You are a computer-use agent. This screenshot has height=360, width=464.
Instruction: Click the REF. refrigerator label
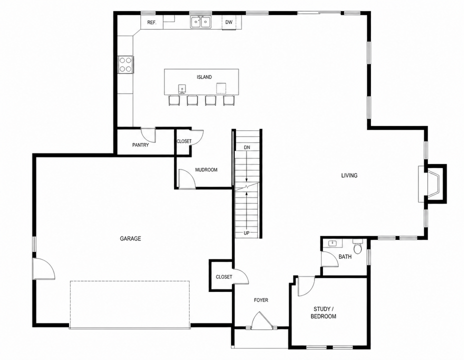tap(151, 22)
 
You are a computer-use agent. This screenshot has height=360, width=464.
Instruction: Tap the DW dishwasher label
tap(228, 22)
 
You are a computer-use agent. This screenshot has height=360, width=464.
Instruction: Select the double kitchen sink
tap(200, 22)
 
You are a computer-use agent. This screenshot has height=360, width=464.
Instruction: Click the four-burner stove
tap(125, 64)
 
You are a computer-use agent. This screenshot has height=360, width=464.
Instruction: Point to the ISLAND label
tap(204, 77)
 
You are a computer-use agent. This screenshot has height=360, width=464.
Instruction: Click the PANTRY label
tap(140, 145)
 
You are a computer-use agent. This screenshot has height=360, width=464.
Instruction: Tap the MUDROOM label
tap(206, 170)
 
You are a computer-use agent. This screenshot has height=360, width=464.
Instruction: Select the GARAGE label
tap(130, 238)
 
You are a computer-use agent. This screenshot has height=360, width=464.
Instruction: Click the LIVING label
tap(349, 175)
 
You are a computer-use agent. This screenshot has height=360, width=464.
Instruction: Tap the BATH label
tap(345, 257)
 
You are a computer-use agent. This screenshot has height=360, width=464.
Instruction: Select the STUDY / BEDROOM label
tap(323, 312)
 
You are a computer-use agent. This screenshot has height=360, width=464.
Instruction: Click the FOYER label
tap(261, 300)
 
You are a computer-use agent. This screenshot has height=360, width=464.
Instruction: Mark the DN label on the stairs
tap(247, 147)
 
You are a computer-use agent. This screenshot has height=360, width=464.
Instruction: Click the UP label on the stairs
tap(246, 233)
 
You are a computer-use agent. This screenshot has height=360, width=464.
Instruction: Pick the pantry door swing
tap(148, 134)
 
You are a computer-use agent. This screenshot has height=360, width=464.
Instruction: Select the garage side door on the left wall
tap(44, 268)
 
